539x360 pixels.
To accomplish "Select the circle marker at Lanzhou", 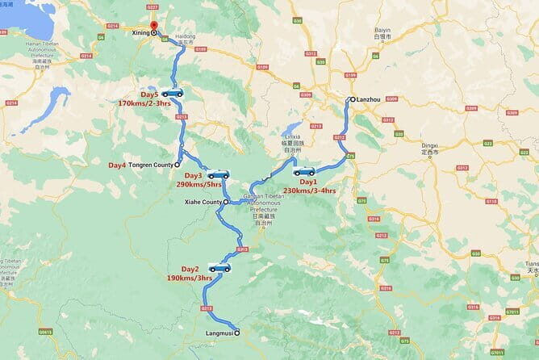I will [351, 99].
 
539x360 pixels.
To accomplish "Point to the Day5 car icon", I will [172, 93].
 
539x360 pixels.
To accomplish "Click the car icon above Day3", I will [218, 174].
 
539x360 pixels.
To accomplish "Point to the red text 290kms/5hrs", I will [198, 185].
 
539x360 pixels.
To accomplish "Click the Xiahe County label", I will [203, 202].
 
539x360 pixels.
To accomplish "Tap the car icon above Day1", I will [304, 171].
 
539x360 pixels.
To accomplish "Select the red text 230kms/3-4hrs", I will [309, 190].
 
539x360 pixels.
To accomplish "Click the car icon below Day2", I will [219, 267].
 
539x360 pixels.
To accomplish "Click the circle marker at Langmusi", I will [236, 331].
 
